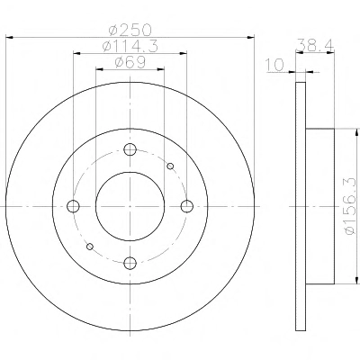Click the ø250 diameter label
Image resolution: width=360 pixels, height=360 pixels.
click(x=130, y=31)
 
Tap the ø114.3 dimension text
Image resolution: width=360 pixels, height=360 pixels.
click(x=130, y=46)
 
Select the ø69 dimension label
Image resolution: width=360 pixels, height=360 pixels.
click(x=130, y=62)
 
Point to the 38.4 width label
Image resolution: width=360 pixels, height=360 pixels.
click(x=315, y=45)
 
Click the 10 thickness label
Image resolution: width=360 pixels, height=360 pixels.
click(x=274, y=65)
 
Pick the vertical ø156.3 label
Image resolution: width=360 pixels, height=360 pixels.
click(x=351, y=206)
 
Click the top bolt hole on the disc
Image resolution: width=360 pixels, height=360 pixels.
click(x=130, y=149)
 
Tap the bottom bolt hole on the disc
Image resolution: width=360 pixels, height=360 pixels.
click(x=130, y=263)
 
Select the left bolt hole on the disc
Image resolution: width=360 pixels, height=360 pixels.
click(x=73, y=206)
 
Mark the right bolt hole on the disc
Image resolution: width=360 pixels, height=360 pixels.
click(x=187, y=206)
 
